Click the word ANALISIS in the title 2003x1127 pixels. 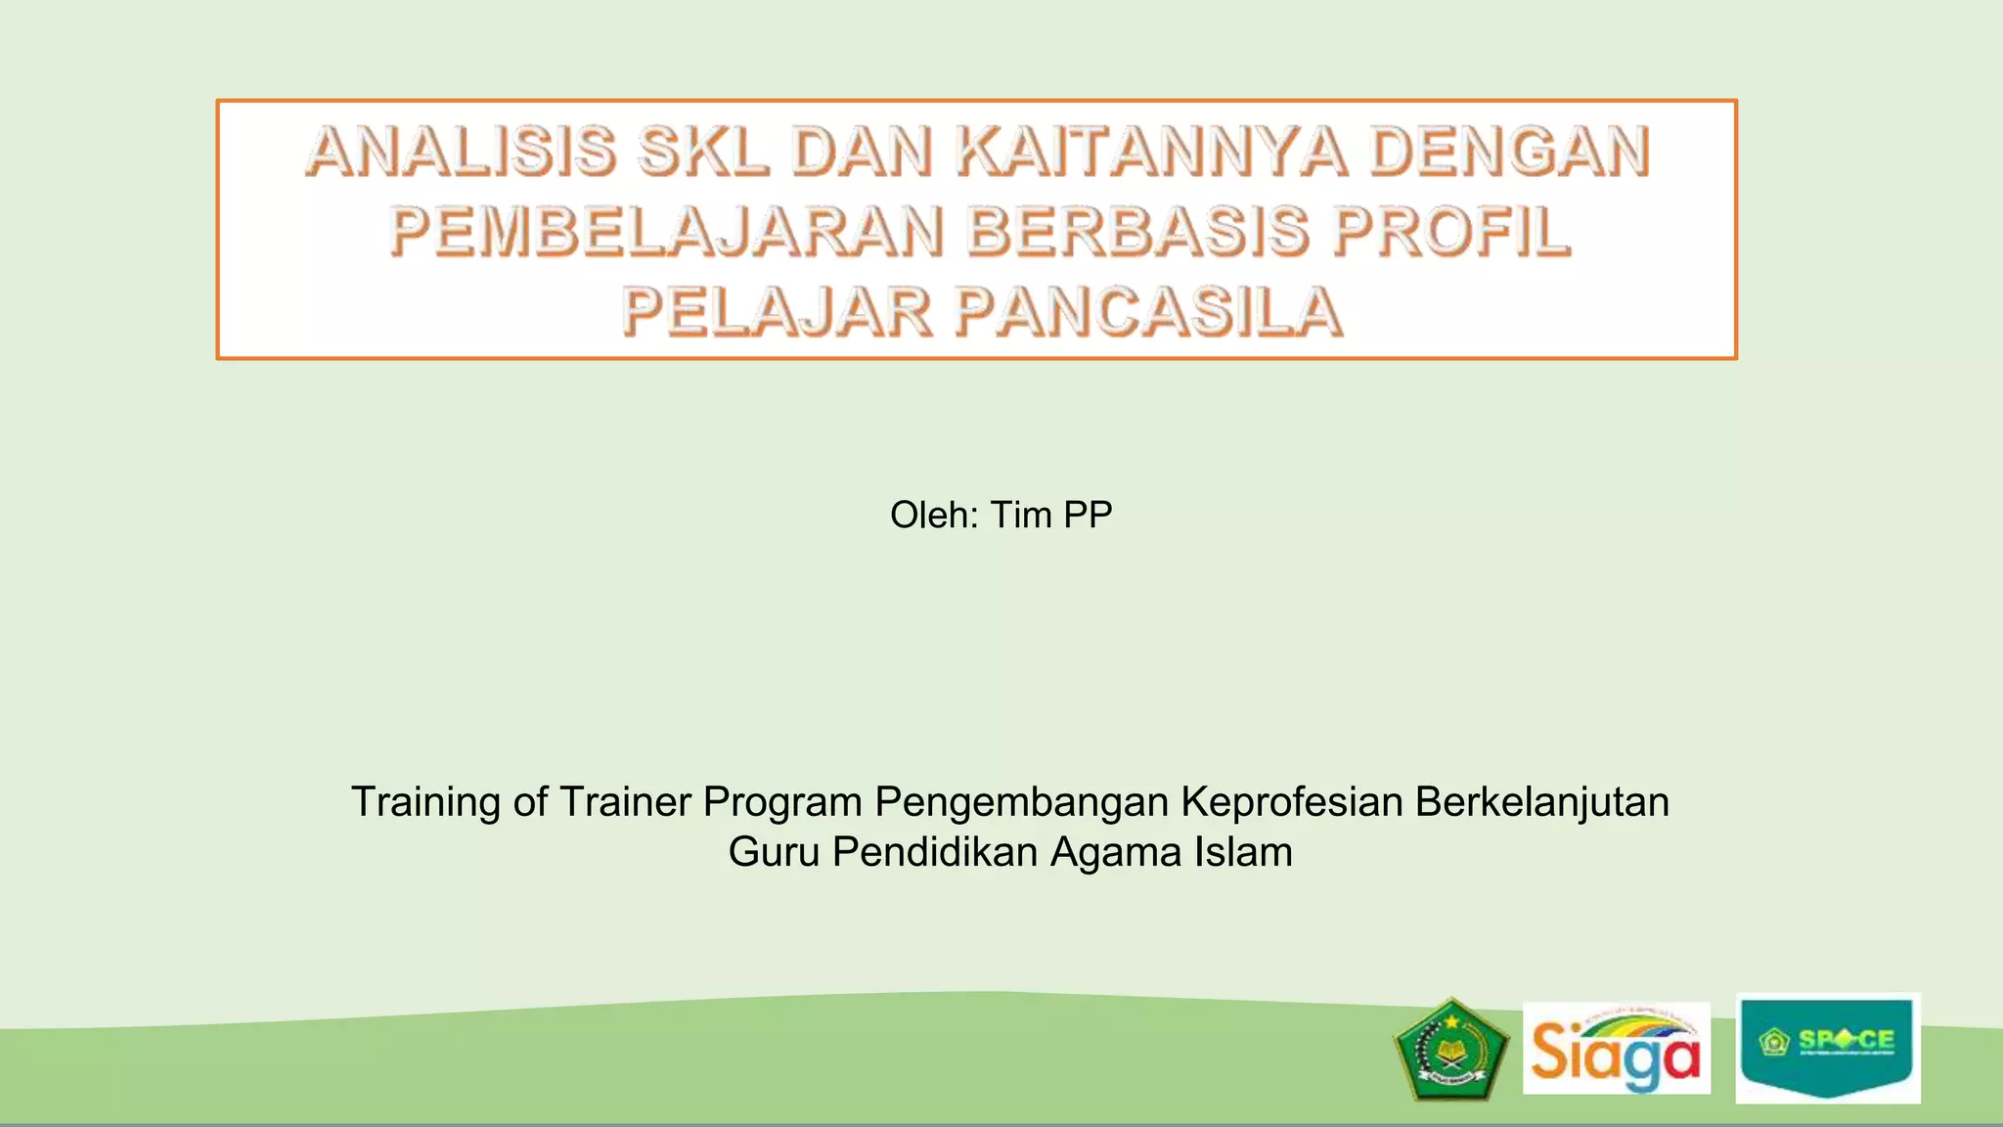click(461, 153)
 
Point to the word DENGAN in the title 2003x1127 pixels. click(1509, 153)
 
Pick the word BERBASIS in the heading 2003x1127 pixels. click(1137, 233)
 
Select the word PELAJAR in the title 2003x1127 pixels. click(778, 313)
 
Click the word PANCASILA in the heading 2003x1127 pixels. click(1148, 313)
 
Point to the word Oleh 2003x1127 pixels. click(933, 516)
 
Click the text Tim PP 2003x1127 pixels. click(1051, 516)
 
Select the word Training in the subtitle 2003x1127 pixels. click(425, 802)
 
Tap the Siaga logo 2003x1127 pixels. click(1616, 1049)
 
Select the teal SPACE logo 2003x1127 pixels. click(1828, 1048)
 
